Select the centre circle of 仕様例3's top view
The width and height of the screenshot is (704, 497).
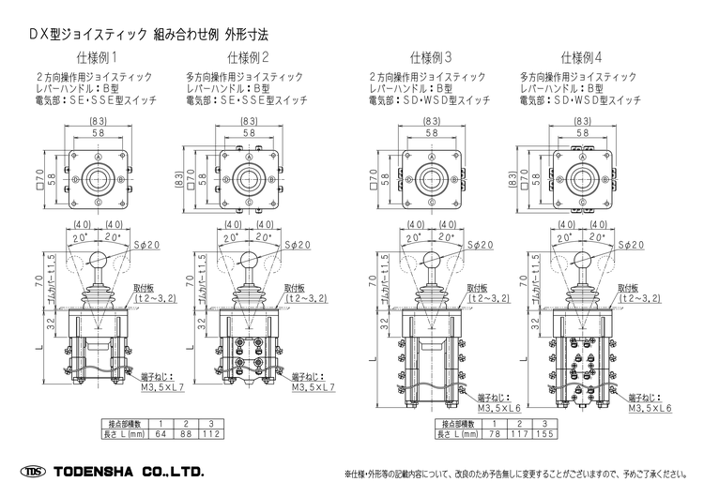tap(431, 176)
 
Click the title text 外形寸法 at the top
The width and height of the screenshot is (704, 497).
tap(242, 33)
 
